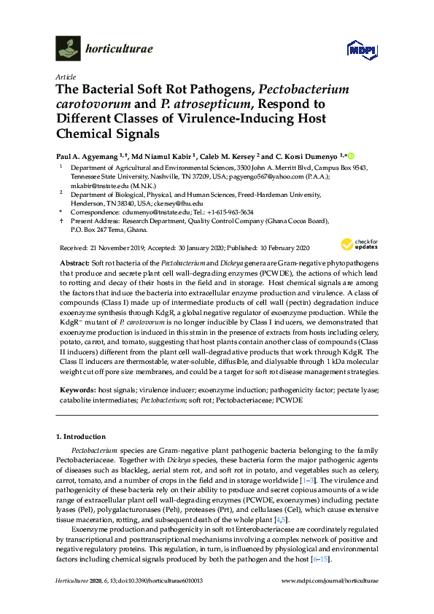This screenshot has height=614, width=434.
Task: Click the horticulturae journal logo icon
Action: point(68,49)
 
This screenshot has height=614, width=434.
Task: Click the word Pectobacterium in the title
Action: point(286,90)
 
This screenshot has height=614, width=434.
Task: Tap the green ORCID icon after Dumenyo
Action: point(351,155)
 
